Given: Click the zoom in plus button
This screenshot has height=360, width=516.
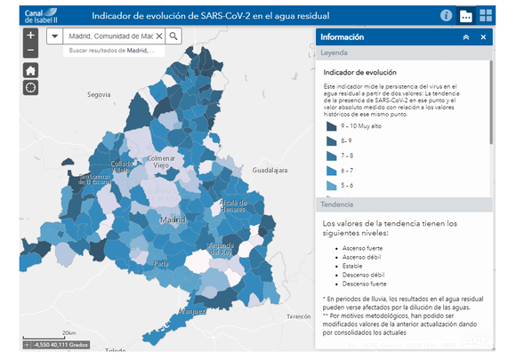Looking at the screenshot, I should [31, 36].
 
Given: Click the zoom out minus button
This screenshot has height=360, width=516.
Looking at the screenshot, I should [31, 52].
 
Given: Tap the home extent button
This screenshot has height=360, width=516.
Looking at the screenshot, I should [31, 70].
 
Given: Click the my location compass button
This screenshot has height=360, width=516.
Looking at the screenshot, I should [31, 87].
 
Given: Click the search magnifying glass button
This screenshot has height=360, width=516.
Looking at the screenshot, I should [173, 36].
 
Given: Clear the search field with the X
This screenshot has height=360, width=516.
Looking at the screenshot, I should [159, 36].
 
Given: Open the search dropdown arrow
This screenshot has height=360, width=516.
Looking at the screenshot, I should [54, 36].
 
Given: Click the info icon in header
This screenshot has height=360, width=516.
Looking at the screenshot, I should [447, 15].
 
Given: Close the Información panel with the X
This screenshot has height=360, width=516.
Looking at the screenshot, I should [483, 37].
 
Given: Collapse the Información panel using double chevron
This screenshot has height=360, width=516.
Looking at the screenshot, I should [465, 37].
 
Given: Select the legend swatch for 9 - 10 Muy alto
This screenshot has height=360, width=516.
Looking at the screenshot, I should [332, 127].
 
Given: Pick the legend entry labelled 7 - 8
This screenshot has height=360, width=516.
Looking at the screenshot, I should [332, 156].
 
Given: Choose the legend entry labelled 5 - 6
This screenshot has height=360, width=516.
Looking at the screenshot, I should [332, 184].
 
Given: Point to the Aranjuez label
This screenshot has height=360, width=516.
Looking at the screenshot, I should [192, 312].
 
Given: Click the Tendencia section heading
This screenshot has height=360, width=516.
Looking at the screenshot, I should [339, 204].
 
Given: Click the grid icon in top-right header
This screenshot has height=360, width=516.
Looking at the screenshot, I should [486, 15].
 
